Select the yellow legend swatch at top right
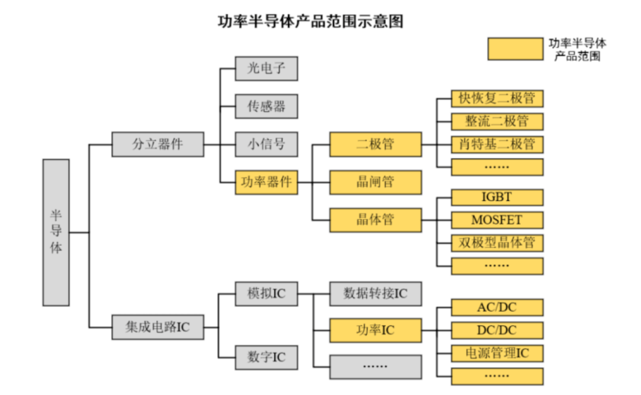pos(515,49)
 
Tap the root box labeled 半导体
pos(56,232)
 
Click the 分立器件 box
pos(158,144)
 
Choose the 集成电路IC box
pos(158,327)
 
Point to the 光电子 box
pos(266,69)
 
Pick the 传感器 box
pos(266,106)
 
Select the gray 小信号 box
pos(266,144)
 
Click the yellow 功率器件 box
pos(266,182)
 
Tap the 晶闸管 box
pos(376,182)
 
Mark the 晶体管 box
pos(376,219)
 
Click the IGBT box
pos(497,197)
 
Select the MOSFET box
pos(497,220)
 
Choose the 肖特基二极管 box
pos(497,144)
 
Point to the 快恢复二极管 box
pos(497,98)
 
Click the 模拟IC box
pos(266,294)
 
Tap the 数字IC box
pos(266,358)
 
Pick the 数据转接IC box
pos(376,294)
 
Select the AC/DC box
pos(497,308)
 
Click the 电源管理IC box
pos(497,353)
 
